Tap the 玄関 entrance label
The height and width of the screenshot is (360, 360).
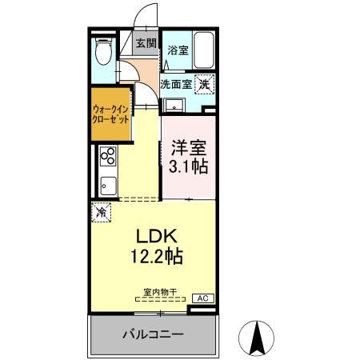point(146,44)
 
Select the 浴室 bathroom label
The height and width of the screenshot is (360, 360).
point(177,50)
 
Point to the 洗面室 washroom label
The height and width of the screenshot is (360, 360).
point(175,82)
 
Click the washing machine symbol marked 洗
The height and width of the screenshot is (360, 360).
point(205,82)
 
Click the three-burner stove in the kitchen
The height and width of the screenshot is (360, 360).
point(107,156)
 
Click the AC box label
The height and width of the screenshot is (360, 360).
point(202,298)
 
